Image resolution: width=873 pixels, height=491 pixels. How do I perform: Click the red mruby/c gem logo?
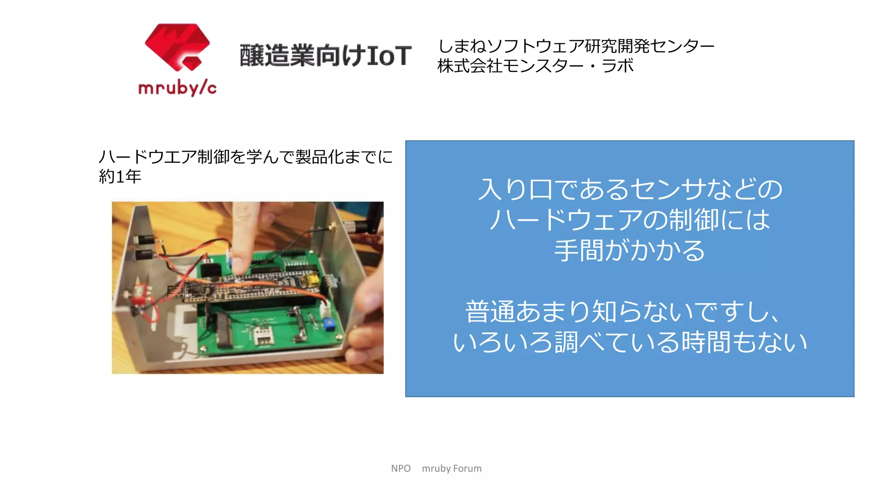(x=177, y=47)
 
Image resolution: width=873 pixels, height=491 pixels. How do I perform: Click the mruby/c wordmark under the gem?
(x=177, y=88)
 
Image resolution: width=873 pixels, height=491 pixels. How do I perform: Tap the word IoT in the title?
(x=388, y=56)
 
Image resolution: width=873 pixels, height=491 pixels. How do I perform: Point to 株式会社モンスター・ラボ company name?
(x=535, y=66)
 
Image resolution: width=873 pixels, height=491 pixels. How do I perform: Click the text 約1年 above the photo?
(x=120, y=176)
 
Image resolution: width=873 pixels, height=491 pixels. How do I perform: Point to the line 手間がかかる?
(x=630, y=251)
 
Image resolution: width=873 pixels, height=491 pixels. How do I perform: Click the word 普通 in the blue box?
(x=490, y=312)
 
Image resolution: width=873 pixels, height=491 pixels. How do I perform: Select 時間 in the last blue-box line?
(x=707, y=342)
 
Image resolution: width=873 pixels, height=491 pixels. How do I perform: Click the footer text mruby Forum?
(x=451, y=468)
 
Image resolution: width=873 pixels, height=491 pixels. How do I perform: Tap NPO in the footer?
(x=401, y=468)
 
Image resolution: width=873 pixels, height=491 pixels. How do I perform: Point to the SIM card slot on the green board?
(x=263, y=336)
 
